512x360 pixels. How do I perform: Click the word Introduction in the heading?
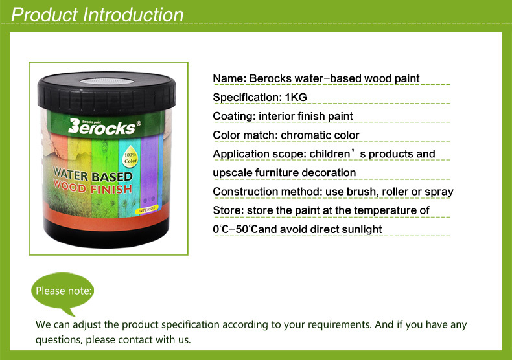[133, 15]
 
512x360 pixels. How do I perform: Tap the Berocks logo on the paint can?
[104, 126]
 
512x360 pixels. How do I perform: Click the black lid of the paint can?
[106, 93]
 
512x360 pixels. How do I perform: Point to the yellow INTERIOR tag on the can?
[146, 209]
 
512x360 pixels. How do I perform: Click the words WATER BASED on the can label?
[93, 175]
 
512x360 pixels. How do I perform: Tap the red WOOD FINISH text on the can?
[93, 188]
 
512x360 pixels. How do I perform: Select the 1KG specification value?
[296, 97]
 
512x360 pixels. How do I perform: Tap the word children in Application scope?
[330, 154]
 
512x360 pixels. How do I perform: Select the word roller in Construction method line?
[395, 192]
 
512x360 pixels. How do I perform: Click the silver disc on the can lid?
[107, 81]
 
